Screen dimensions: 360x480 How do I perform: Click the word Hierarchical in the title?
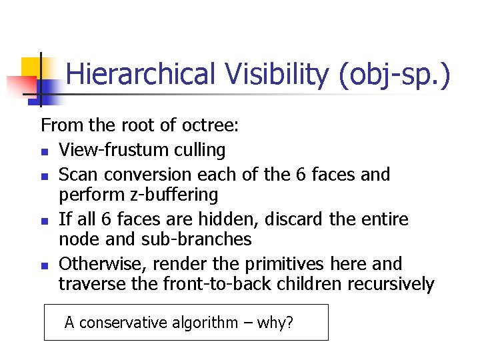click(x=141, y=74)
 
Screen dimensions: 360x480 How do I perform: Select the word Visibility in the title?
click(x=275, y=74)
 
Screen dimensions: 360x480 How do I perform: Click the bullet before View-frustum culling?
click(x=44, y=151)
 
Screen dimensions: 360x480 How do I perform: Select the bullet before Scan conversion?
click(x=44, y=176)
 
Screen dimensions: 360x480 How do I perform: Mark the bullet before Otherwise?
click(x=44, y=265)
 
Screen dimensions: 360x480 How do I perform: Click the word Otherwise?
click(x=99, y=263)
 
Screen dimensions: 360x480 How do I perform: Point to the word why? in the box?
click(x=275, y=323)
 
